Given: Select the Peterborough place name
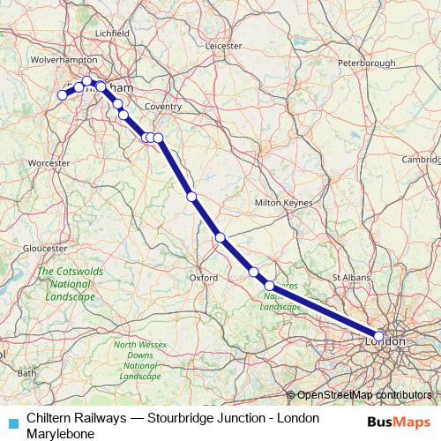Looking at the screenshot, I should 367,64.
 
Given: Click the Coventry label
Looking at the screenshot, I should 162,106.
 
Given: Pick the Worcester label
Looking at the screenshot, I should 49,163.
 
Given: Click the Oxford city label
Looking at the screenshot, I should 204,277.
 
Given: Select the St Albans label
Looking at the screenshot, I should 348,277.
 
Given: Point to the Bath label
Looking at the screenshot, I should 27,373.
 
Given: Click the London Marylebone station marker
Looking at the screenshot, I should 378,336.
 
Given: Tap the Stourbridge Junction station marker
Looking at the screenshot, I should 64,95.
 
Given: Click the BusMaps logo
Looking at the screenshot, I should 394,423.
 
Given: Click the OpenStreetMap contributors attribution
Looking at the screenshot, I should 365,394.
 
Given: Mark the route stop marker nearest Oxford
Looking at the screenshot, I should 220,237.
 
